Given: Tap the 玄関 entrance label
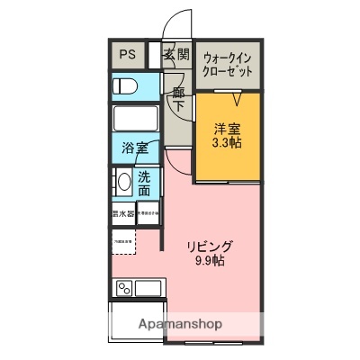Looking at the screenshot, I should point(175,55).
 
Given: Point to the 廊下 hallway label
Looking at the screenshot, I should point(178,98).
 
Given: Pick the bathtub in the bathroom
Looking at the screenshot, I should point(135,118).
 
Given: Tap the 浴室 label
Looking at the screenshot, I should point(135,149).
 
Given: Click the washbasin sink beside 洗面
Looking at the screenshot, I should point(124,183).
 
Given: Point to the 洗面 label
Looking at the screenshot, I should point(145,184).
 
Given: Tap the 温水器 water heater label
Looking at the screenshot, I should point(122,214).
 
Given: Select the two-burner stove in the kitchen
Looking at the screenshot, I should point(124,289).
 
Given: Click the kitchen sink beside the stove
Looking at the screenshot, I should point(148,289).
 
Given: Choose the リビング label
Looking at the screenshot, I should point(210,246).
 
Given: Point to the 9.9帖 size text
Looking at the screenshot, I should point(210,262).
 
